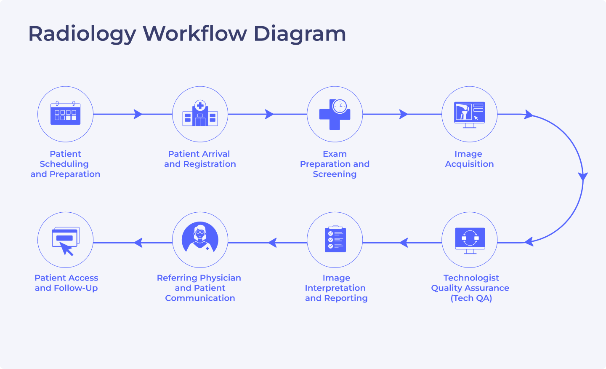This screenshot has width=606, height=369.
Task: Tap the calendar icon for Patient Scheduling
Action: pos(65,114)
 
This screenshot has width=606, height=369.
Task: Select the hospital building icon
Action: pos(200,114)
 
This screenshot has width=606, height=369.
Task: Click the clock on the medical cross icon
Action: pos(340,106)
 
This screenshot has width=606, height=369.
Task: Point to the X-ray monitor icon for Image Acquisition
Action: pos(470,114)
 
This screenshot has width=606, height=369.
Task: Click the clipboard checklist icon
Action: pos(335,240)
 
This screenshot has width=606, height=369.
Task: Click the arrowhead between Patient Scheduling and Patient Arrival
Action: pos(138,114)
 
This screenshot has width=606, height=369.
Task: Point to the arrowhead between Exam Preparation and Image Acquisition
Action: pos(404,114)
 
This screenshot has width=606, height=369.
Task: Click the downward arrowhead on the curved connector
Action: pos(583,176)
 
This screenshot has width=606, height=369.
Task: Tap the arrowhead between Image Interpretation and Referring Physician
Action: pos(273,243)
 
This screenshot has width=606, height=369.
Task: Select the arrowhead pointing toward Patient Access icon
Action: pos(138,243)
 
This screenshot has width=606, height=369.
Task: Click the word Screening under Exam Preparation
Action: pos(335,174)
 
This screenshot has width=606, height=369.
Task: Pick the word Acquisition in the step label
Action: pos(469,164)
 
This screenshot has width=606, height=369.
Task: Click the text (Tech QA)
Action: pos(471,298)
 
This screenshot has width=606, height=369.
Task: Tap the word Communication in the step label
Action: pos(200,298)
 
